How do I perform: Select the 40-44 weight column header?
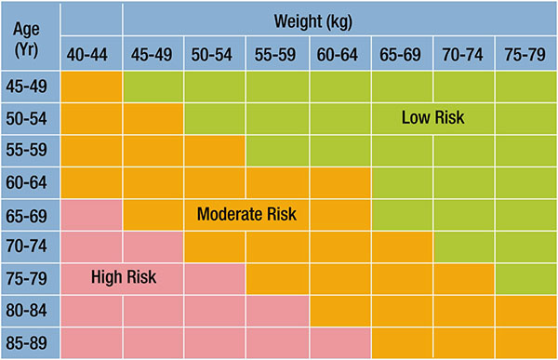[91, 54]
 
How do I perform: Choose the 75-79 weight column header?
[525, 54]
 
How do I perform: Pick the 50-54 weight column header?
[215, 54]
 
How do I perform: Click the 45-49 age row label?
[31, 87]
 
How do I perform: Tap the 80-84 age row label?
[31, 310]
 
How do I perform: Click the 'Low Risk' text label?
[432, 118]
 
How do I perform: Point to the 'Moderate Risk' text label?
[246, 215]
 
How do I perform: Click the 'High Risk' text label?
[124, 276]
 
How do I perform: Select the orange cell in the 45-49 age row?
[91, 87]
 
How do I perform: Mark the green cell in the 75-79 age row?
[525, 278]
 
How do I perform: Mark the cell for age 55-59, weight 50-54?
[215, 151]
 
